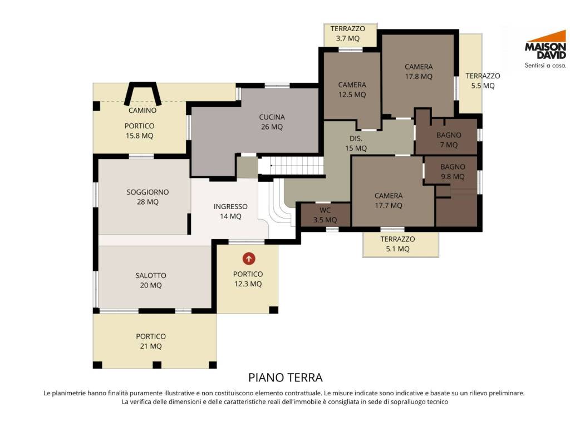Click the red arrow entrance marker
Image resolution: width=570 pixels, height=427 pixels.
(x=249, y=259)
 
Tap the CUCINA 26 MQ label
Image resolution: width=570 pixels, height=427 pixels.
(x=272, y=122)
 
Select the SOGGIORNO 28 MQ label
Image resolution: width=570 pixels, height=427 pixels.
(x=148, y=197)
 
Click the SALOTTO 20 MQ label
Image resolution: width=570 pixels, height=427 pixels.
(x=151, y=280)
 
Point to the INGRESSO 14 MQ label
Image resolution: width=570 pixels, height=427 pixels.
(x=230, y=211)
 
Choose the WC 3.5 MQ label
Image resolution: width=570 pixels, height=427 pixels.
(x=325, y=215)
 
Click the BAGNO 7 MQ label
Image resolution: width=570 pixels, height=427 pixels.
(x=449, y=140)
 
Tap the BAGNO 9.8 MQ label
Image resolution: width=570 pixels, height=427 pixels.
(x=453, y=172)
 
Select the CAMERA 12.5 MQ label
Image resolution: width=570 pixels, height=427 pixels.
(x=352, y=90)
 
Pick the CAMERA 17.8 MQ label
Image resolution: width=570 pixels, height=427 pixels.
(x=419, y=72)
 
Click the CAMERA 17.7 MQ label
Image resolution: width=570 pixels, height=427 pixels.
(x=389, y=200)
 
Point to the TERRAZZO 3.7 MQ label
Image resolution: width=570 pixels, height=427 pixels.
(x=348, y=33)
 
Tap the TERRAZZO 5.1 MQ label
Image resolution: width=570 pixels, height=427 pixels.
(x=397, y=244)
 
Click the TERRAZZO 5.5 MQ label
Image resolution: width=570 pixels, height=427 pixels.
(x=483, y=81)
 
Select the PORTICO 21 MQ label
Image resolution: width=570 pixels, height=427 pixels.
(x=151, y=341)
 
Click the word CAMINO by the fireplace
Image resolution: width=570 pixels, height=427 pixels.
(x=142, y=111)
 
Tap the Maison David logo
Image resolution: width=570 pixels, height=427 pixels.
(x=546, y=49)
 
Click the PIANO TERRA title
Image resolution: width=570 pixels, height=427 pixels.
(x=286, y=378)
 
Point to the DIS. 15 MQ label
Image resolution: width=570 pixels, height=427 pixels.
(x=356, y=143)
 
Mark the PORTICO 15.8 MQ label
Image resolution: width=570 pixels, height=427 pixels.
(x=139, y=131)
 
